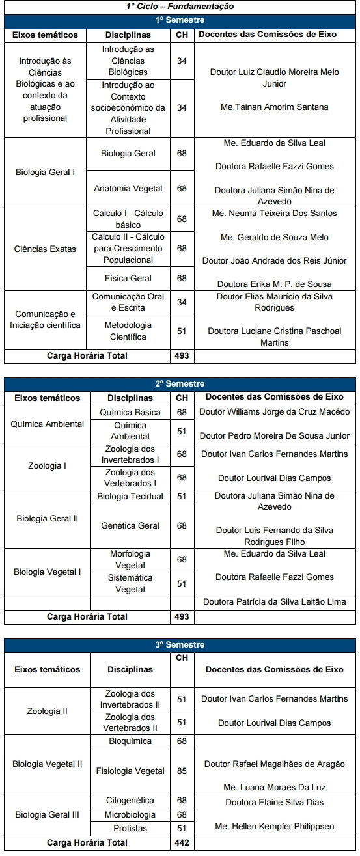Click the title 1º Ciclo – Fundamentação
tap(180, 7)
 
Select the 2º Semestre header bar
tap(180, 384)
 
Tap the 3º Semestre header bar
tap(180, 645)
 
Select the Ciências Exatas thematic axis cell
tap(46, 249)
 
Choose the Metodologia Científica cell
tap(128, 331)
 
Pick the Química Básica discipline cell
tap(130, 412)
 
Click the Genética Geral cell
tap(130, 526)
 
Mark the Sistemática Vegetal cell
tap(130, 583)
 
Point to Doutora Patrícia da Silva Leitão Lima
tap(274, 602)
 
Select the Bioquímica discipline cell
tap(130, 741)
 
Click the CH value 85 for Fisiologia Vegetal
tap(182, 771)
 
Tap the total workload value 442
tap(182, 842)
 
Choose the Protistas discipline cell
tap(130, 829)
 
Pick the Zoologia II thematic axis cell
tap(47, 711)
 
